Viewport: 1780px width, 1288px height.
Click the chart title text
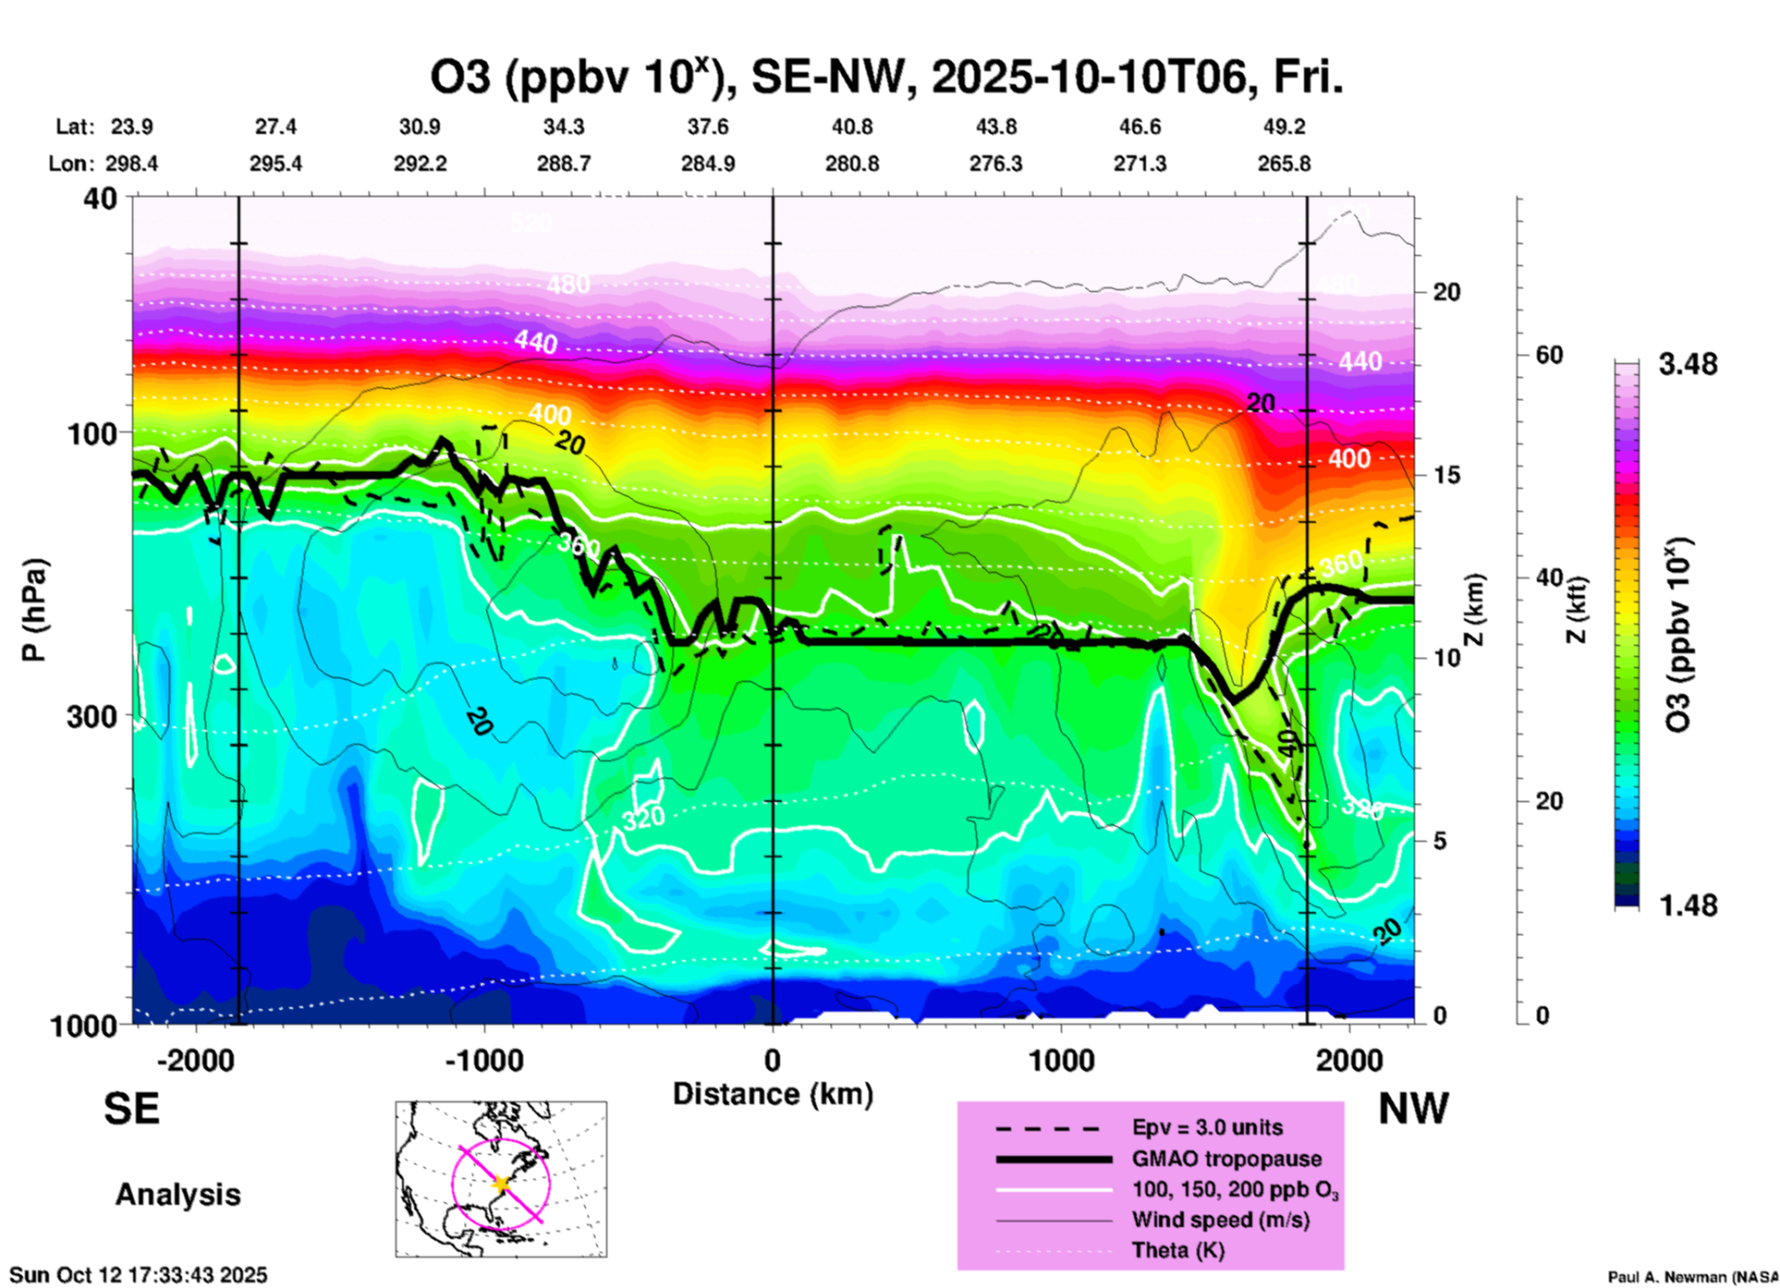click(885, 77)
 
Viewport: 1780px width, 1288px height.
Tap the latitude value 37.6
click(708, 127)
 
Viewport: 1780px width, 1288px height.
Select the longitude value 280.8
click(851, 164)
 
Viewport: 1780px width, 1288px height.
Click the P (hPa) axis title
click(33, 610)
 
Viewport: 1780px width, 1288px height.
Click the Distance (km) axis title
click(773, 1094)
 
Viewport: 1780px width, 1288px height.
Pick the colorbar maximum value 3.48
click(1688, 364)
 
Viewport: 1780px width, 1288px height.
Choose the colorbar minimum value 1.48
click(1688, 905)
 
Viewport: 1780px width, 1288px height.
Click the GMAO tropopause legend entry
click(1226, 1159)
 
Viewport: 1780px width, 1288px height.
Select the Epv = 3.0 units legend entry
click(1207, 1127)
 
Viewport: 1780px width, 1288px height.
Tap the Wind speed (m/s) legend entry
click(1220, 1220)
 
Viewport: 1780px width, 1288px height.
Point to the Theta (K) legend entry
click(1177, 1250)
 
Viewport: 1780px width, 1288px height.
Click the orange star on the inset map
click(501, 1184)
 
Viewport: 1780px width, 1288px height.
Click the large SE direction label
click(131, 1109)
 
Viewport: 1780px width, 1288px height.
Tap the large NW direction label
click(1413, 1109)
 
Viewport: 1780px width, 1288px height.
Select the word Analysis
click(177, 1195)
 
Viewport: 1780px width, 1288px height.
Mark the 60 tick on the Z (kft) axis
click(1549, 355)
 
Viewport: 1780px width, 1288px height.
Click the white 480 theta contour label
click(567, 284)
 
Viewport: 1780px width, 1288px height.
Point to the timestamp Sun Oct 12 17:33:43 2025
click(139, 1275)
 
